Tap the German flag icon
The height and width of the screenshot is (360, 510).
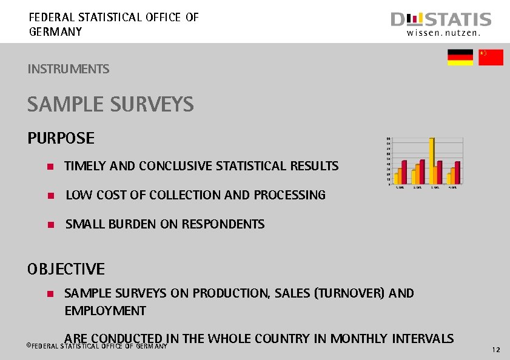pyautogui.click(x=460, y=58)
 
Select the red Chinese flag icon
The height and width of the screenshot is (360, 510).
pyautogui.click(x=491, y=58)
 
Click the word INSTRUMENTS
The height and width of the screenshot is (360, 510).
pyautogui.click(x=69, y=69)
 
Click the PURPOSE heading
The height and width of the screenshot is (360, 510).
pyautogui.click(x=61, y=138)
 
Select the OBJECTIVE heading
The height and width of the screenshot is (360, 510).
pyautogui.click(x=66, y=268)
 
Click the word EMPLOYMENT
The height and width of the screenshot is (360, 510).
pyautogui.click(x=105, y=311)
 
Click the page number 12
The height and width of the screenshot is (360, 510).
pyautogui.click(x=496, y=350)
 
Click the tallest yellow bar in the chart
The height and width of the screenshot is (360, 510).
pyautogui.click(x=432, y=161)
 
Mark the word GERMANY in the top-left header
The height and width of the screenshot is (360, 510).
pyautogui.click(x=55, y=32)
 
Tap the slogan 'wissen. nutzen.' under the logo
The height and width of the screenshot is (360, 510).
pyautogui.click(x=443, y=34)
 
